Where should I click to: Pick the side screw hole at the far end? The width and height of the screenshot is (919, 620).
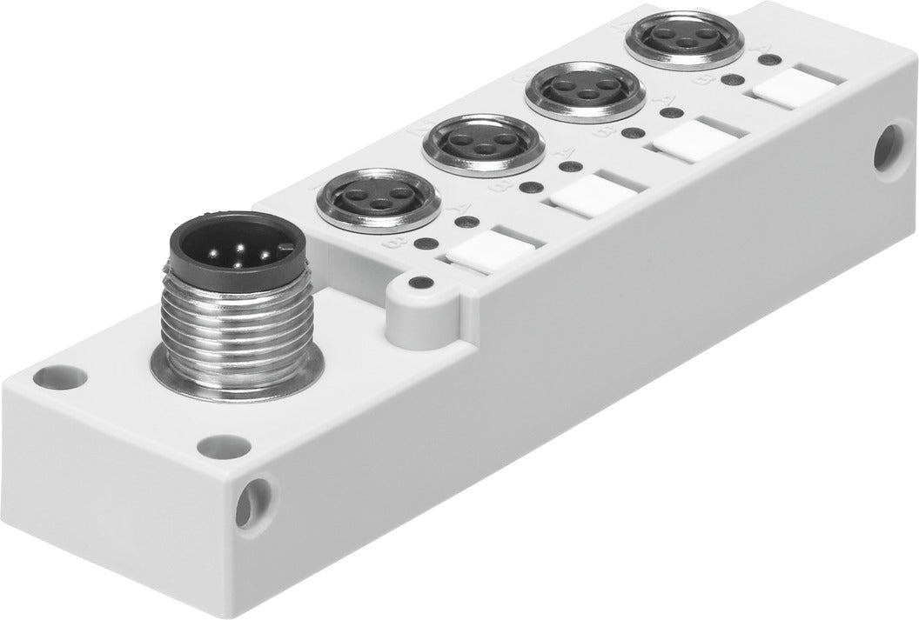coord(888,143)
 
